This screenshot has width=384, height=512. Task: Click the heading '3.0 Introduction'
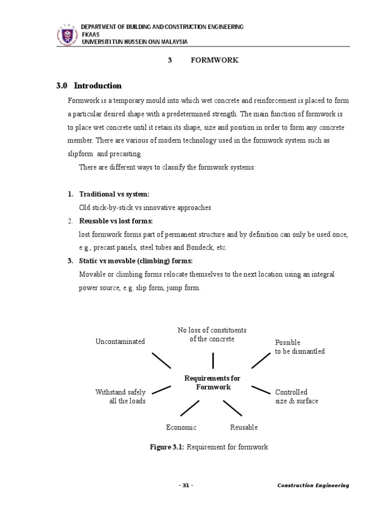pyautogui.click(x=89, y=85)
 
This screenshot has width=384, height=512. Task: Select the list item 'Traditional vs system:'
pyautogui.click(x=114, y=194)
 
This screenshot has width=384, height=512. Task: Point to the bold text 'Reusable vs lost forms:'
pyautogui.click(x=116, y=221)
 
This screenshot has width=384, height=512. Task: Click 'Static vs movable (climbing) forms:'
pyautogui.click(x=135, y=261)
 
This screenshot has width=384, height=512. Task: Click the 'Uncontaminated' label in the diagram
pyautogui.click(x=120, y=341)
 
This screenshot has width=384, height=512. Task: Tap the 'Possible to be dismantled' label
pyautogui.click(x=299, y=347)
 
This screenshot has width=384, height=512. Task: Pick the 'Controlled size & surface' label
pyautogui.click(x=296, y=396)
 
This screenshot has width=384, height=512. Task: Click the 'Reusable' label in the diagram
pyautogui.click(x=244, y=427)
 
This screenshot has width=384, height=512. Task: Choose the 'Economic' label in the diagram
pyautogui.click(x=181, y=427)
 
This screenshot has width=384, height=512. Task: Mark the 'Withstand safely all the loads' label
pyautogui.click(x=120, y=396)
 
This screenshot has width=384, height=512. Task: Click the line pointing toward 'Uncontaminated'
pyautogui.click(x=161, y=360)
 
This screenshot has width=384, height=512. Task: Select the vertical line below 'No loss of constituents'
pyautogui.click(x=213, y=360)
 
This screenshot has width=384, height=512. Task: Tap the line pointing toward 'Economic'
pyautogui.click(x=190, y=407)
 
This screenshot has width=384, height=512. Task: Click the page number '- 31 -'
pyautogui.click(x=185, y=485)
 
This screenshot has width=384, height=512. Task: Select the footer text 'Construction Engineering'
pyautogui.click(x=313, y=485)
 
